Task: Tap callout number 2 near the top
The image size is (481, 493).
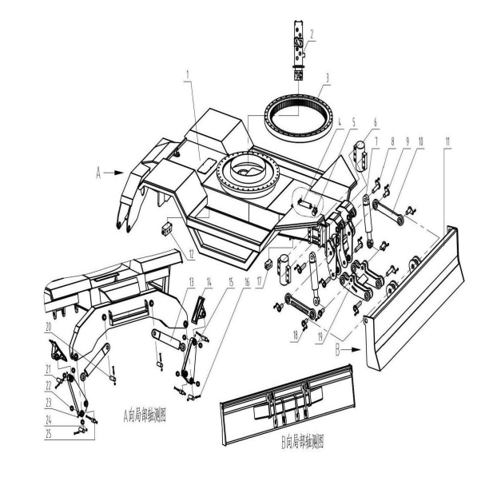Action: [312, 34]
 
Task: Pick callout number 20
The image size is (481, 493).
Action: [50, 327]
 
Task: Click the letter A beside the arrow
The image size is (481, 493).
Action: [97, 172]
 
